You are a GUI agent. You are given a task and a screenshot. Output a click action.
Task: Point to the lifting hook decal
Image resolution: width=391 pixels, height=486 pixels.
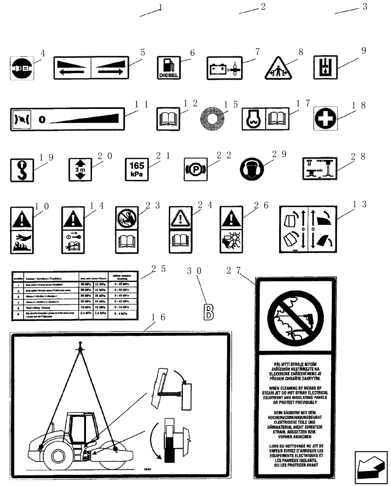[x=20, y=170]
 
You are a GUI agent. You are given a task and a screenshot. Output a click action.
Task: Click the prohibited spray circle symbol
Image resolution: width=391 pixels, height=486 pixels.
[x=294, y=315]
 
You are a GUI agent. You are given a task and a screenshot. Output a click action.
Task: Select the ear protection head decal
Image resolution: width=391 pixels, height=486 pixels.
[x=252, y=169]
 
